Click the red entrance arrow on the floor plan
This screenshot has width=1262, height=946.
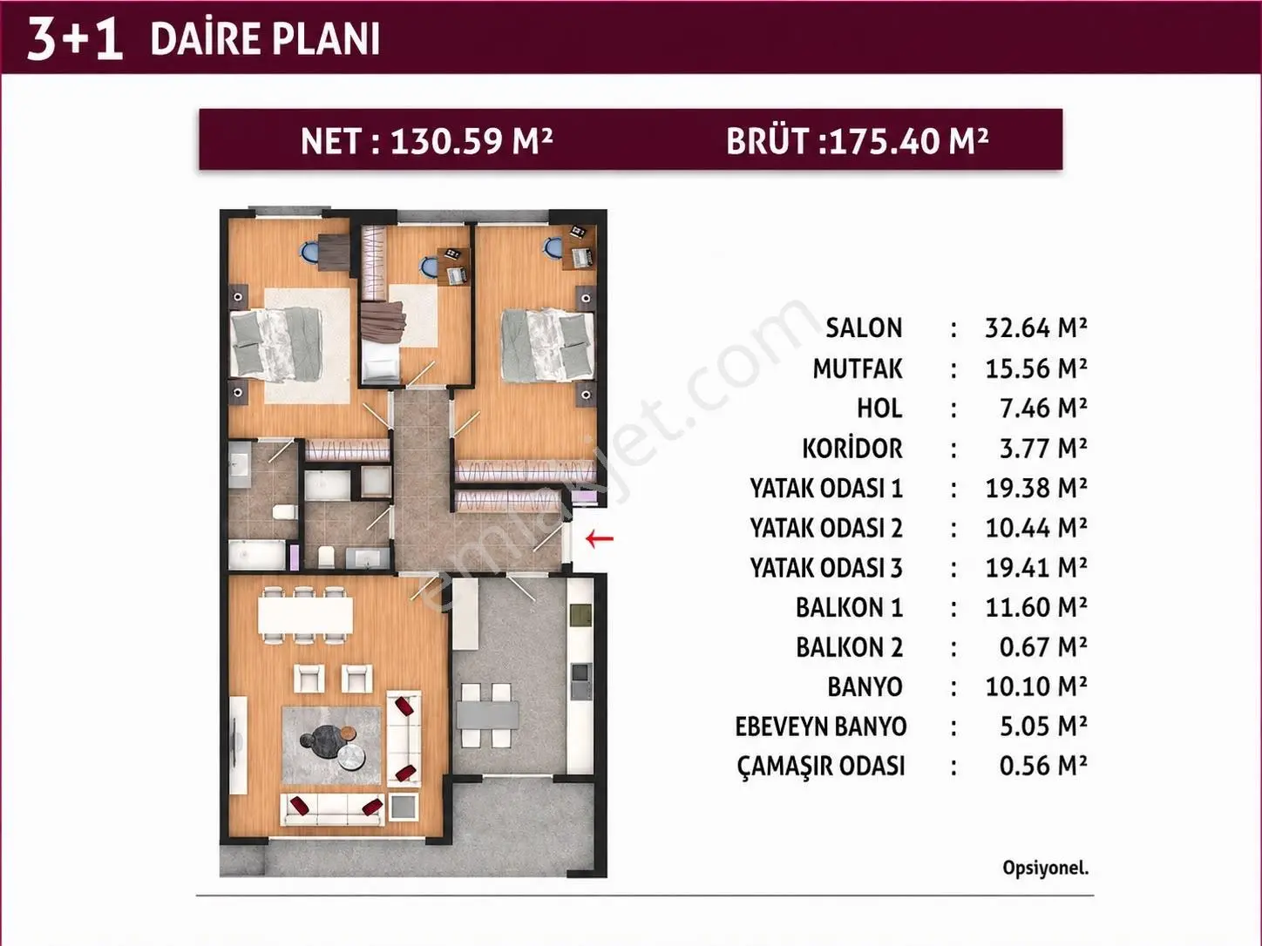[599, 538]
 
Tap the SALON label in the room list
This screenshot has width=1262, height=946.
[865, 328]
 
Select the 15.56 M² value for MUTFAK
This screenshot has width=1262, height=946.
[1036, 368]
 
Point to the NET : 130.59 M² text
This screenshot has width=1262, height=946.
[426, 141]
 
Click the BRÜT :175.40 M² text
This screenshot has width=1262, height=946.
[858, 141]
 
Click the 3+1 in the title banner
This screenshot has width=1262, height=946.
[75, 39]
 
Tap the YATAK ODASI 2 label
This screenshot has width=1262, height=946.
[826, 528]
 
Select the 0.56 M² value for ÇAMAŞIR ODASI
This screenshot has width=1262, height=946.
[1043, 767]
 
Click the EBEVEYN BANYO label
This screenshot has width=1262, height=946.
[821, 726]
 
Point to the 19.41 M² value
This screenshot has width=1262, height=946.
[1036, 567]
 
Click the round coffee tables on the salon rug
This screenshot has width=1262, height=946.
[333, 747]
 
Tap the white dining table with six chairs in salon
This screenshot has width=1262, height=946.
[305, 615]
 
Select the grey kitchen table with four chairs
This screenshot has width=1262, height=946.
[487, 715]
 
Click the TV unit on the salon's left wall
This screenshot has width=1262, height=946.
[238, 745]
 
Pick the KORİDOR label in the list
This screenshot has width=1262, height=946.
[852, 449]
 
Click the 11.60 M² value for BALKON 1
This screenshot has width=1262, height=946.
[1036, 607]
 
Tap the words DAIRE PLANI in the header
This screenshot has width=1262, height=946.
[265, 39]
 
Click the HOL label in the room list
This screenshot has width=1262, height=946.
[879, 409]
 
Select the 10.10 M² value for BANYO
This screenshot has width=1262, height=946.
[1036, 686]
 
